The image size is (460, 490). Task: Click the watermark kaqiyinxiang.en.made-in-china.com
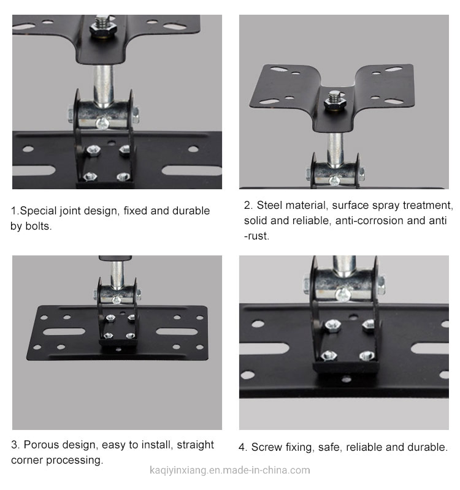(229, 470)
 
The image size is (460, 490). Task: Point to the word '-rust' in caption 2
(256, 236)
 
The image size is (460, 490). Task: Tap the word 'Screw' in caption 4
(265, 447)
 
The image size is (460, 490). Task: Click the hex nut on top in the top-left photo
(103, 28)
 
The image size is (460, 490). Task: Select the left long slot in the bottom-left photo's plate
(64, 331)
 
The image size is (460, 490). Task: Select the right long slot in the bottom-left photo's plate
(177, 331)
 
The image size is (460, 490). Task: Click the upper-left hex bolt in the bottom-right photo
(332, 325)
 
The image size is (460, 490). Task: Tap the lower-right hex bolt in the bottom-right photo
(367, 356)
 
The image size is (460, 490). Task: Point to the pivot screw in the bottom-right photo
(343, 294)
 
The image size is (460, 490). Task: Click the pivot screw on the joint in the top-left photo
(102, 123)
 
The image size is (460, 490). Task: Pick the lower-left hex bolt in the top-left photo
(90, 176)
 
